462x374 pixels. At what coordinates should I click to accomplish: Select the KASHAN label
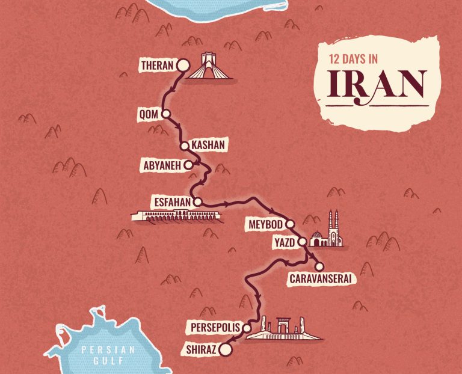pyautogui.click(x=208, y=145)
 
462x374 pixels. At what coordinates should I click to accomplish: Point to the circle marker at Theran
pyautogui.click(x=182, y=66)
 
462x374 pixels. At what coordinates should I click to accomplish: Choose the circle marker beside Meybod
pyautogui.click(x=290, y=224)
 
